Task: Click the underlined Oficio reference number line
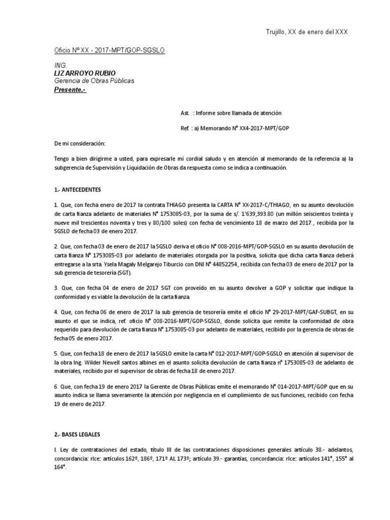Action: [x=109, y=52]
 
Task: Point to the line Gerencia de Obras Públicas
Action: [x=94, y=81]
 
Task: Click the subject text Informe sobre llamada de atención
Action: [x=237, y=113]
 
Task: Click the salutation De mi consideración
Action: [x=80, y=144]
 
